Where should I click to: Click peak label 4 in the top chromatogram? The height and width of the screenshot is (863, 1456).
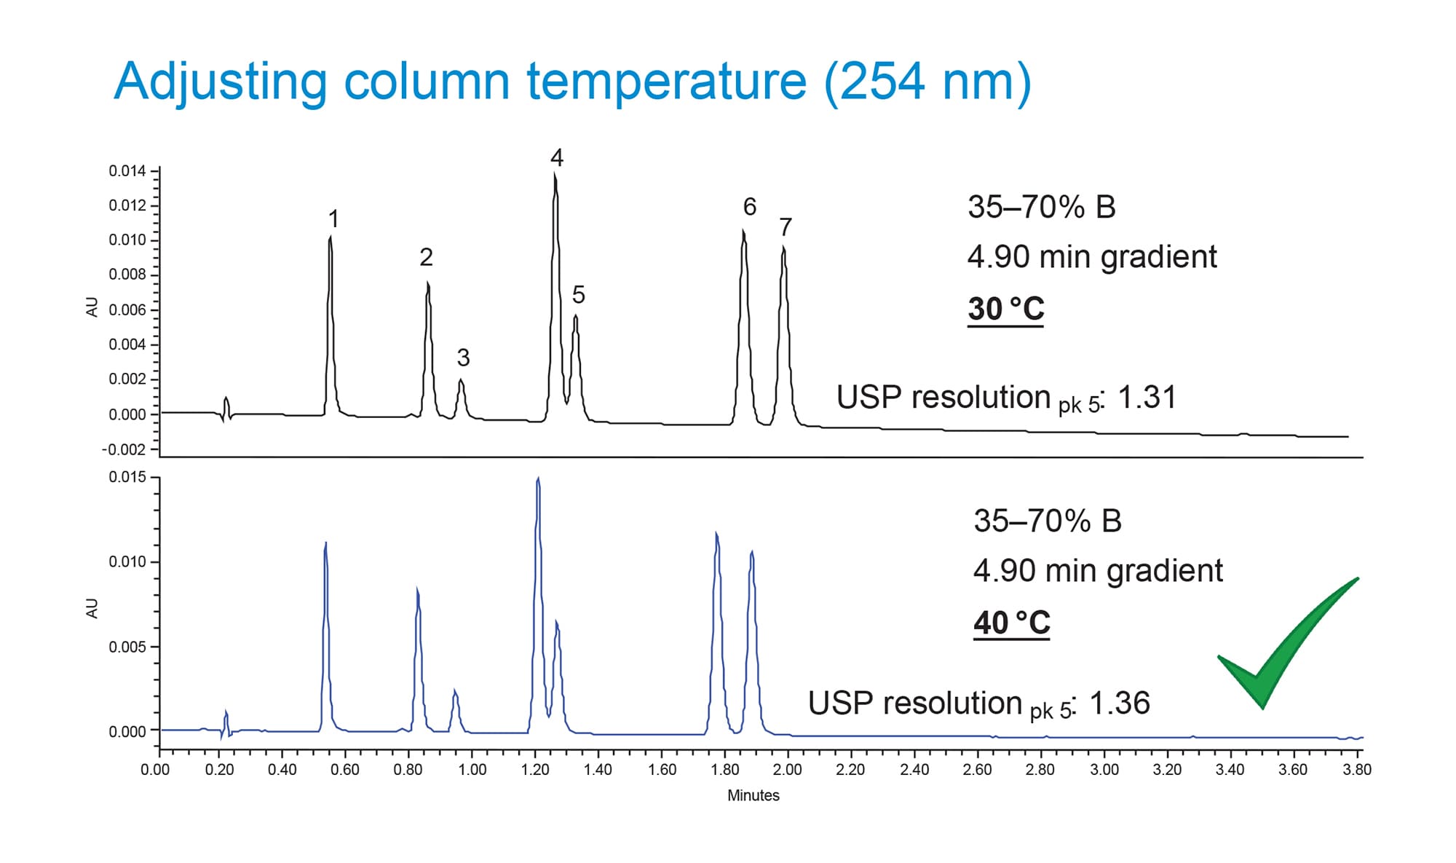pyautogui.click(x=557, y=158)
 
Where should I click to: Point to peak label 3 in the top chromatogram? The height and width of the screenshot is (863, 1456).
pyautogui.click(x=463, y=358)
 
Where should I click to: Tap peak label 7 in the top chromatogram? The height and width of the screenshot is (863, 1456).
pyautogui.click(x=785, y=228)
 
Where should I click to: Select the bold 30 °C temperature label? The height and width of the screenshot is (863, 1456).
pyautogui.click(x=1005, y=309)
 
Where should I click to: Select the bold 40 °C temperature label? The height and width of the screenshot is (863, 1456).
pyautogui.click(x=1011, y=623)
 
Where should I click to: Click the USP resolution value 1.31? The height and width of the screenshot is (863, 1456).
pyautogui.click(x=1147, y=398)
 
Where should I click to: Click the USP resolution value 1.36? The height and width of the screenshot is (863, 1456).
pyautogui.click(x=1120, y=704)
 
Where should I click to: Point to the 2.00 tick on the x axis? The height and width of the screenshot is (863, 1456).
pyautogui.click(x=787, y=770)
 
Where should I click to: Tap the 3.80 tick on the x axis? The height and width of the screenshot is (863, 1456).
pyautogui.click(x=1357, y=770)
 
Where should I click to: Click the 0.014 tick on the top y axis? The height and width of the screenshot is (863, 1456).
pyautogui.click(x=127, y=171)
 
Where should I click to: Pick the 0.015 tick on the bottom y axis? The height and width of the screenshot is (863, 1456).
pyautogui.click(x=127, y=477)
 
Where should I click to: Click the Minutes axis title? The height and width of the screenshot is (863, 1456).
pyautogui.click(x=753, y=795)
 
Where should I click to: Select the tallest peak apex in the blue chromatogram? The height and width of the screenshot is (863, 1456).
pyautogui.click(x=537, y=479)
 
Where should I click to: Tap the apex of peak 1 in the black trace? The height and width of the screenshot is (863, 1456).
pyautogui.click(x=331, y=237)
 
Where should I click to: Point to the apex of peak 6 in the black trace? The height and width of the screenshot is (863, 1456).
pyautogui.click(x=743, y=232)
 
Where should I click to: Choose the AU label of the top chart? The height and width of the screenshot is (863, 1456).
pyautogui.click(x=92, y=307)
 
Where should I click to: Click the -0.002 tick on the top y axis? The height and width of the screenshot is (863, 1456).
pyautogui.click(x=124, y=449)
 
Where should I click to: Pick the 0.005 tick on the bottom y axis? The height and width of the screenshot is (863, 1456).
pyautogui.click(x=127, y=647)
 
